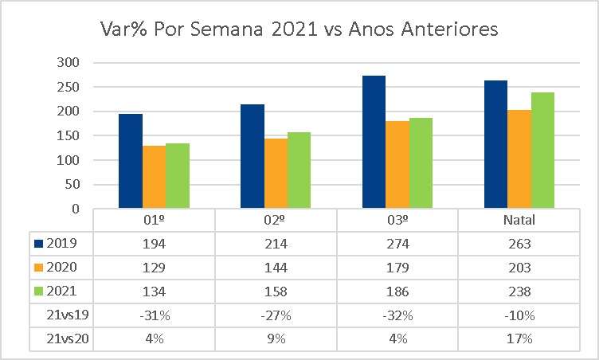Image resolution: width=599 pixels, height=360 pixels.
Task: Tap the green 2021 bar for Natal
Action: [542, 151]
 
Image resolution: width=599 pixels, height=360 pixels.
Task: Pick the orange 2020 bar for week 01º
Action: [154, 177]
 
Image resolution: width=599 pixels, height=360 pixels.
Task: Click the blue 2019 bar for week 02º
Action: [252, 156]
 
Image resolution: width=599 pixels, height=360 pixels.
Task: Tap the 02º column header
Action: [276, 220]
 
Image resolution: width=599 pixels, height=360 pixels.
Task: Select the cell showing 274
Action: [397, 244]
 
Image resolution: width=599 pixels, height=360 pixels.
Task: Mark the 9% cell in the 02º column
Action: [276, 339]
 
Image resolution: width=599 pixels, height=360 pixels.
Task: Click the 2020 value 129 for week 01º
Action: [154, 268]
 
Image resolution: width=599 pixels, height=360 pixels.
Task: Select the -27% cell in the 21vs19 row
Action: [276, 315]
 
